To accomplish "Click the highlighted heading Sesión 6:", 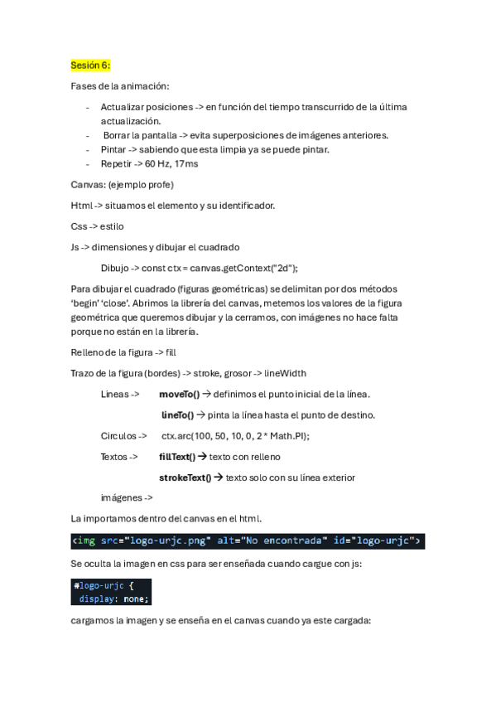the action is point(90,65).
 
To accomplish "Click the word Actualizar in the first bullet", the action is point(121,107).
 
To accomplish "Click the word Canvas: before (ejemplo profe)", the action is point(88,184).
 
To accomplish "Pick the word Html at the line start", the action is point(81,205).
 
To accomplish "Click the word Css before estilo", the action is point(79,225).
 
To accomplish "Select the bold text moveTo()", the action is point(179,394).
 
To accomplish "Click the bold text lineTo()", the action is point(177,415).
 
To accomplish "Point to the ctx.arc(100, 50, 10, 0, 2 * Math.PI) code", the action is point(235,435).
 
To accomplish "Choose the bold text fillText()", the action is point(176,456).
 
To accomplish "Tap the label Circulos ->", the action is point(123,435).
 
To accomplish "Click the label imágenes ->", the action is point(127,497).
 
